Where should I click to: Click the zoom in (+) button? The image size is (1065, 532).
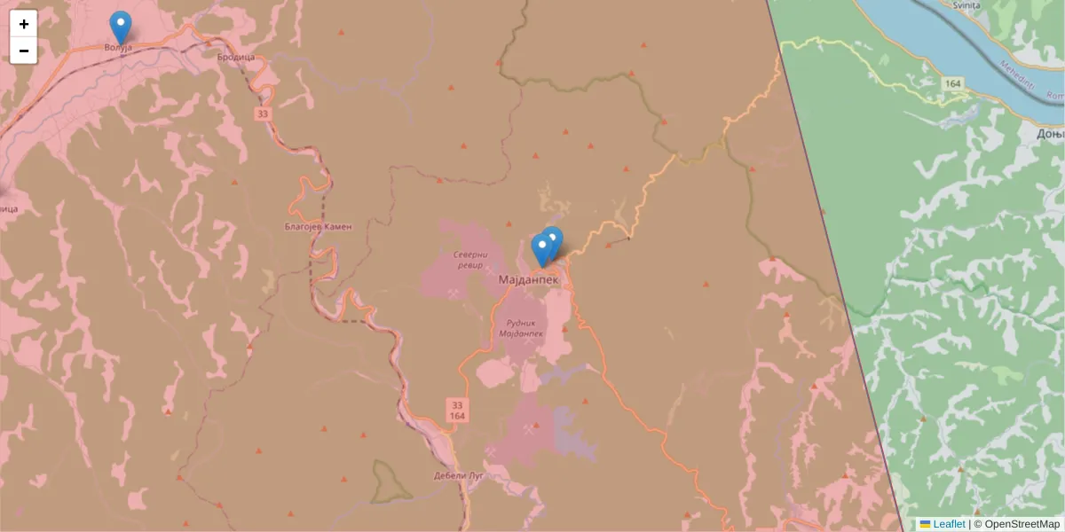[24, 24]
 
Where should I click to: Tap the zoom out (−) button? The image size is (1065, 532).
[24, 51]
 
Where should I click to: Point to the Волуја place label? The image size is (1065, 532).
[118, 47]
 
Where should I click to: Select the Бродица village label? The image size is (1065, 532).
[236, 57]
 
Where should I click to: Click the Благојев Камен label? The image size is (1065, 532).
[318, 226]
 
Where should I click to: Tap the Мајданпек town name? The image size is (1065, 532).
[529, 279]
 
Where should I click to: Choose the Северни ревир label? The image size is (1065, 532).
[470, 259]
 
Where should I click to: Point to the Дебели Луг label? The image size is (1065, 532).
[458, 475]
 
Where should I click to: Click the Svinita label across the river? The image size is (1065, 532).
[966, 5]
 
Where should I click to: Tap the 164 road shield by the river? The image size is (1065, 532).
[954, 82]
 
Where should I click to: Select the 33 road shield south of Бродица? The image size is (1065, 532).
[262, 114]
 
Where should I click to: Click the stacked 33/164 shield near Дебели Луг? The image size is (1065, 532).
[456, 410]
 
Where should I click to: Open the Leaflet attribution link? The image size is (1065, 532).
[949, 524]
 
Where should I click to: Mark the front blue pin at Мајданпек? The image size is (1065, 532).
[541, 249]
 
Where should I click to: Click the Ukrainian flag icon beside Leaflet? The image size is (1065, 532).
[925, 524]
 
